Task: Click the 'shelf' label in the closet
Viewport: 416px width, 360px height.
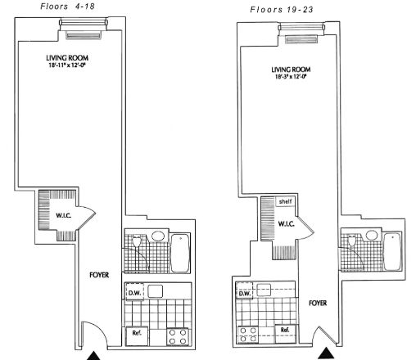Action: pyautogui.click(x=285, y=201)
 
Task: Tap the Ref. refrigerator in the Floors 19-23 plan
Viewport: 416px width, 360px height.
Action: pyautogui.click(x=284, y=330)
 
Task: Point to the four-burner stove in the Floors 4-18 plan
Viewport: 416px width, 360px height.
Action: pyautogui.click(x=174, y=334)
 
